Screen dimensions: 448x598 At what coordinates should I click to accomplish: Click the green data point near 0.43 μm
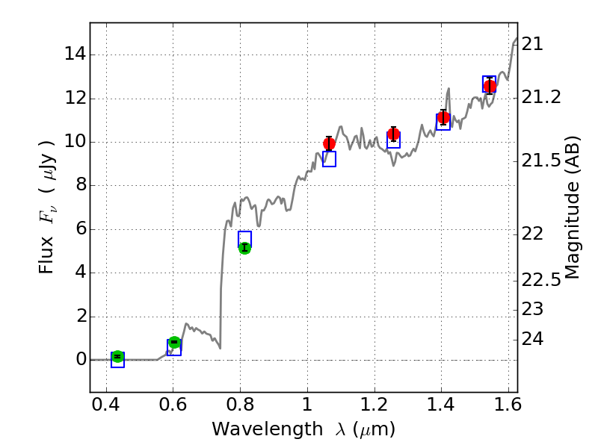pyautogui.click(x=117, y=357)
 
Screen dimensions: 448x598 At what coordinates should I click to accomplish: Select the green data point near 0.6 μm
pyautogui.click(x=175, y=343)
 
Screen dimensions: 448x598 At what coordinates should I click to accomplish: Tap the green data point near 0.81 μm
pyautogui.click(x=244, y=248)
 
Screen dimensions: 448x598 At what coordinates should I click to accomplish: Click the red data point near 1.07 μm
pyautogui.click(x=329, y=143)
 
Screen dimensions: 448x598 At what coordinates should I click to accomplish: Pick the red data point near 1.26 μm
pyautogui.click(x=394, y=134)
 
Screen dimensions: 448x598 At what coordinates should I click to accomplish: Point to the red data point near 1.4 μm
pyautogui.click(x=443, y=118)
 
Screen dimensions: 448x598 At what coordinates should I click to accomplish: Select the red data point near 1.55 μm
pyautogui.click(x=490, y=87)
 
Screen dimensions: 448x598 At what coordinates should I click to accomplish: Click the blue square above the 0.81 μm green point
pyautogui.click(x=244, y=238)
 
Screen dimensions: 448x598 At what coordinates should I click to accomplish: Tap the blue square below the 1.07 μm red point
pyautogui.click(x=329, y=159)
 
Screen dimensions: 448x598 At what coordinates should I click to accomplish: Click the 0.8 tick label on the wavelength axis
pyautogui.click(x=240, y=408)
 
